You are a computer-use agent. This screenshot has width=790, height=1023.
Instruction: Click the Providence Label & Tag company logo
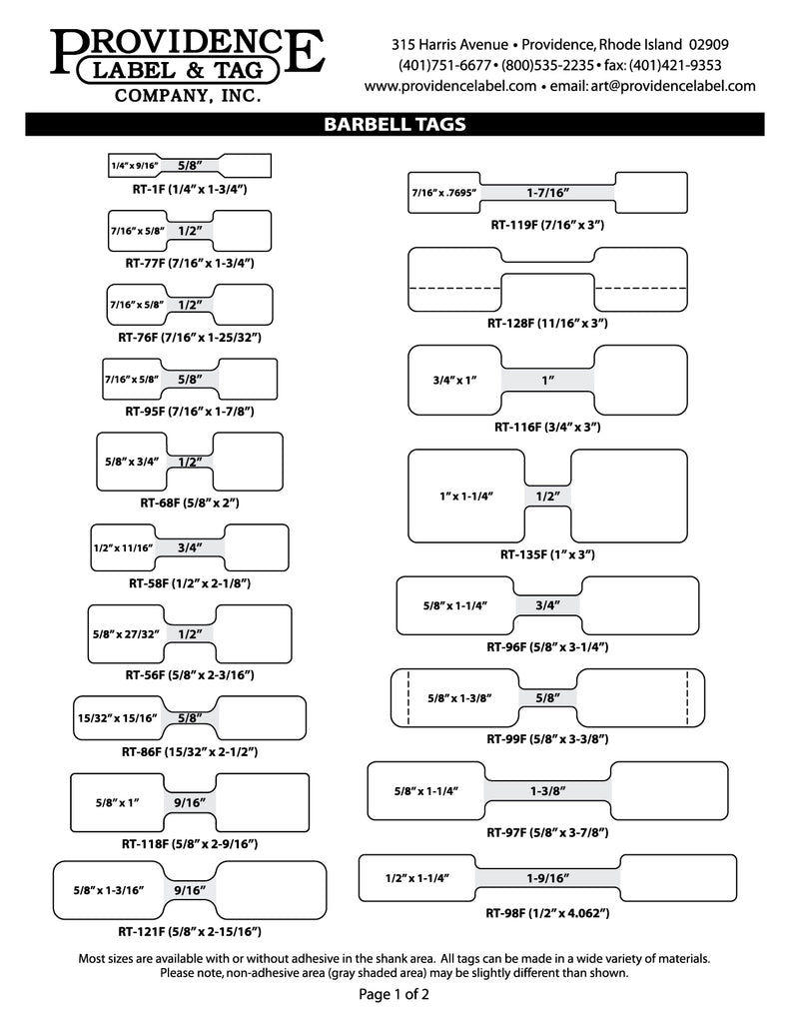pyautogui.click(x=188, y=65)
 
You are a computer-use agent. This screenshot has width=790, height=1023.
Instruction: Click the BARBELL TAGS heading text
pyautogui.click(x=395, y=125)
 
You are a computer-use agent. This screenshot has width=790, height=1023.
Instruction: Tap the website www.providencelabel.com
pyautogui.click(x=450, y=86)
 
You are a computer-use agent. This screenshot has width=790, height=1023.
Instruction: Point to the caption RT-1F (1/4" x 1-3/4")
pyautogui.click(x=189, y=189)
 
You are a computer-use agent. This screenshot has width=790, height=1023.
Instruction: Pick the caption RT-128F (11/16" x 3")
pyautogui.click(x=547, y=323)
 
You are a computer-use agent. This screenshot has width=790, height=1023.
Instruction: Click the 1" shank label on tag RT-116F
pyautogui.click(x=547, y=380)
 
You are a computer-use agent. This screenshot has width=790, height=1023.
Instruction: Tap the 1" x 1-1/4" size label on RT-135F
pyautogui.click(x=466, y=496)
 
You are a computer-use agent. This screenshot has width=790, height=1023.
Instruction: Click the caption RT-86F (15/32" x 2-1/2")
pyautogui.click(x=189, y=750)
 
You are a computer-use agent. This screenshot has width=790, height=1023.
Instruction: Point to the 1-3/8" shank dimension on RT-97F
pyautogui.click(x=547, y=791)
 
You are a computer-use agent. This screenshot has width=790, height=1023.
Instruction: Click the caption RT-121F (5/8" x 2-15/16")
pyautogui.click(x=190, y=931)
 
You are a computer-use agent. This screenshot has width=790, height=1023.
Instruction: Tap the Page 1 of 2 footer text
pyautogui.click(x=395, y=995)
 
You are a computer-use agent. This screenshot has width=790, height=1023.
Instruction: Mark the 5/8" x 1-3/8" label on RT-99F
pyautogui.click(x=458, y=698)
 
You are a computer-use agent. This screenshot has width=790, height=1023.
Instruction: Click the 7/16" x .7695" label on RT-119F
pyautogui.click(x=445, y=191)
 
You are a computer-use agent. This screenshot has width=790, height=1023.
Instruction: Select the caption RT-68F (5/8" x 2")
pyautogui.click(x=189, y=502)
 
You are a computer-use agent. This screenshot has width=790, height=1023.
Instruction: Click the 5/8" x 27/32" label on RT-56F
pyautogui.click(x=125, y=634)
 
